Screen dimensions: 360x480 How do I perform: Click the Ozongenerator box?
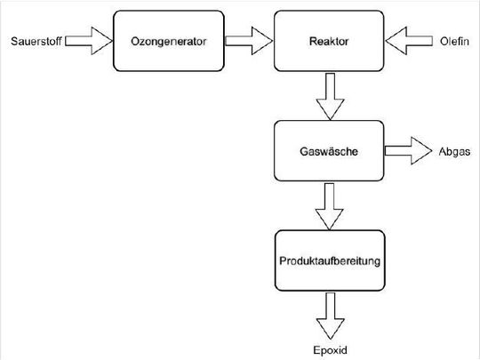[168, 40]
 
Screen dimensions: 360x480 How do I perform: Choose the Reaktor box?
[329, 40]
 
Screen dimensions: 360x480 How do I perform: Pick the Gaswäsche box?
[329, 151]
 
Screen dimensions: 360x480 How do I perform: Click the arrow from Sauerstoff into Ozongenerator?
[89, 40]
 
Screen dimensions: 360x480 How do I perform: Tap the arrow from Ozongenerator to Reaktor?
[248, 40]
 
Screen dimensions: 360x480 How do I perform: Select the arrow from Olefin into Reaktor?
[407, 40]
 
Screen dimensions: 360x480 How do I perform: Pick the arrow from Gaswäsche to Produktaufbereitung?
[329, 206]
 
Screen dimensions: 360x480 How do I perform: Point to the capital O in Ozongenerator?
[134, 40]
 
